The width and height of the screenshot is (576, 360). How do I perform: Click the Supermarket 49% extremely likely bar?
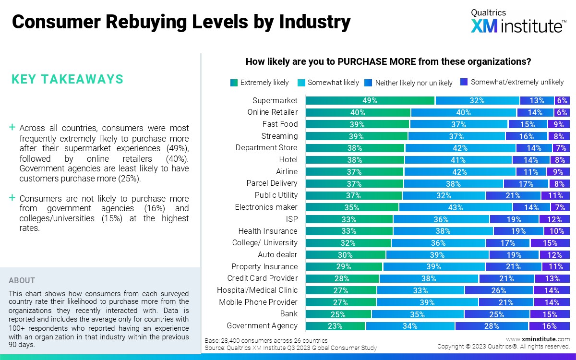370,101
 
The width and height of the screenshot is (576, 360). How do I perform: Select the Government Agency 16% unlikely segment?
549,326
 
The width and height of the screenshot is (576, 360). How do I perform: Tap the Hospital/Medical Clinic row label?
257,290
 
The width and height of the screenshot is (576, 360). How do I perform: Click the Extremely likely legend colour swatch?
234,83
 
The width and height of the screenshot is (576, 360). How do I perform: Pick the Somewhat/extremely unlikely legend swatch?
464,82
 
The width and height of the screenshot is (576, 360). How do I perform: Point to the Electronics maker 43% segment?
456,207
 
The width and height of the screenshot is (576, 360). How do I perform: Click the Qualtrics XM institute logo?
517,22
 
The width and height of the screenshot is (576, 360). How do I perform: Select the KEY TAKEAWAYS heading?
67,79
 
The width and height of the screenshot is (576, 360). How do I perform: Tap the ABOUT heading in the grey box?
22,280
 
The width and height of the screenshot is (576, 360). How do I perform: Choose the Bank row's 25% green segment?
338,314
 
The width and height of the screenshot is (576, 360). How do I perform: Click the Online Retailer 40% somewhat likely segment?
463,113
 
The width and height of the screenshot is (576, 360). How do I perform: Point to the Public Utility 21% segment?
513,195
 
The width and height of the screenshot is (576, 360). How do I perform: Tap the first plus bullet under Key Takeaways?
12,128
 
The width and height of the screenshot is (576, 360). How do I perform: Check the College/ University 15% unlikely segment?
550,243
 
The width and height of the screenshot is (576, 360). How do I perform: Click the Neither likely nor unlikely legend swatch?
368,83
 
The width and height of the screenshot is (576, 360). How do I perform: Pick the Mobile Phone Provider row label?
258,302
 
